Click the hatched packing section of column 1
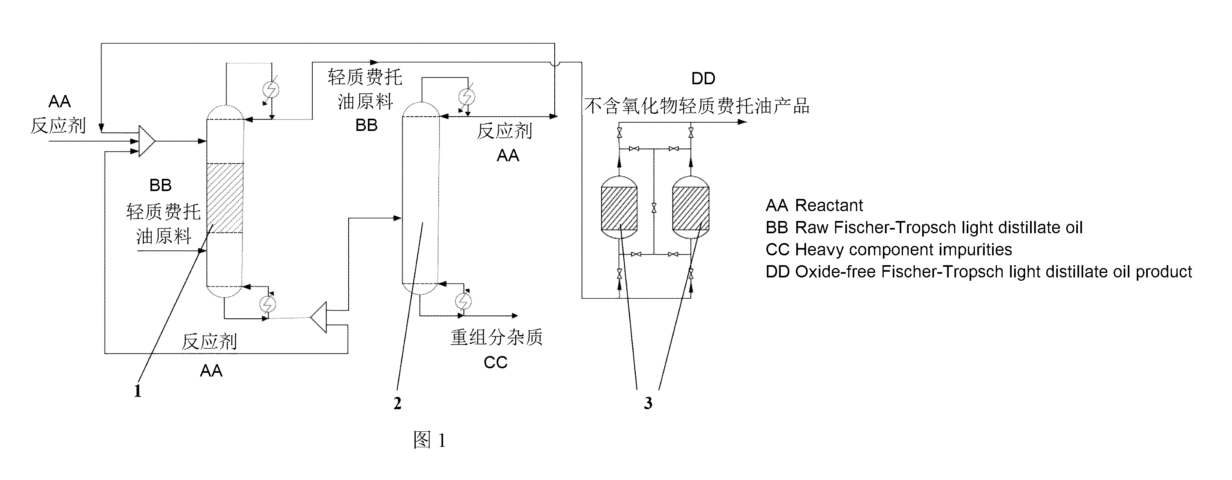[225, 198]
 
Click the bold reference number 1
[138, 391]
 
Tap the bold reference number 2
[397, 403]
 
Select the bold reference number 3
[648, 403]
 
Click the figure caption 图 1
[430, 440]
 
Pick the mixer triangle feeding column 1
[146, 141]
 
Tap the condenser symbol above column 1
[271, 89]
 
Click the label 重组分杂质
[496, 337]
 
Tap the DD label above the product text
[703, 79]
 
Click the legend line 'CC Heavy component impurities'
[889, 249]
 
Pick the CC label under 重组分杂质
[495, 362]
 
